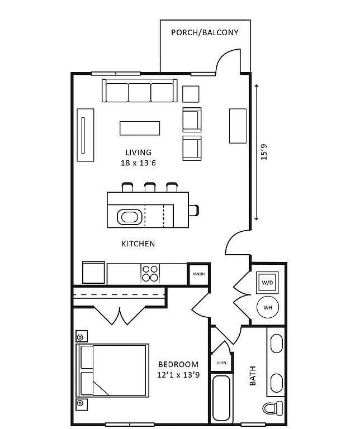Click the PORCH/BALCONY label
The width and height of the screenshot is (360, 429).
[205, 32]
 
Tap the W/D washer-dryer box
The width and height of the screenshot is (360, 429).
[267, 283]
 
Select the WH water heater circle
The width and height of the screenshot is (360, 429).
[267, 307]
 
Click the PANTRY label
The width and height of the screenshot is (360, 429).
[198, 274]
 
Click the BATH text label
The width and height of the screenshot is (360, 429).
[252, 376]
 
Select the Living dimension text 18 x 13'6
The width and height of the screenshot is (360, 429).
[139, 163]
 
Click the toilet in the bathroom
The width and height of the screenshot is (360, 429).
[273, 408]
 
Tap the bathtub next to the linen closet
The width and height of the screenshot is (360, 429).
[221, 397]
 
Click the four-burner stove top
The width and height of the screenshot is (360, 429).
[149, 273]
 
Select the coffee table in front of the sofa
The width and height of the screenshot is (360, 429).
[140, 128]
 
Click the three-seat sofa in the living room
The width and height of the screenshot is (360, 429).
[139, 91]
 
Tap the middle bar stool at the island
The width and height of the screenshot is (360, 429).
[150, 187]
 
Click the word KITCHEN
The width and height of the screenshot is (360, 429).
[138, 244]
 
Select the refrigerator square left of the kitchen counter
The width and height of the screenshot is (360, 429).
[93, 273]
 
